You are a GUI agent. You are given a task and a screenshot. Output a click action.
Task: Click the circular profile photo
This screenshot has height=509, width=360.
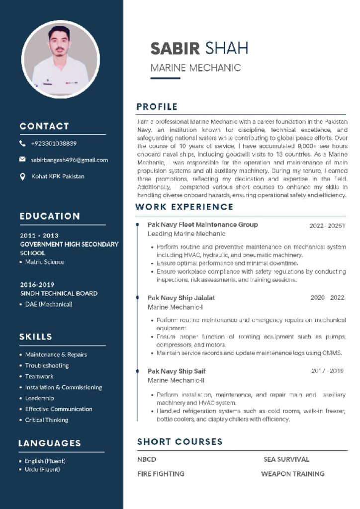click(x=60, y=59)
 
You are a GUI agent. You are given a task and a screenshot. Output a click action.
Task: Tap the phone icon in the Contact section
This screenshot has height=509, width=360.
click(x=22, y=144)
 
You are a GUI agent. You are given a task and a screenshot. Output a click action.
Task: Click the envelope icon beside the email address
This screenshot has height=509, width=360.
click(x=22, y=160)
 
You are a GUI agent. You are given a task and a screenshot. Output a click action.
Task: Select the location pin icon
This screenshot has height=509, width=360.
click(x=22, y=176)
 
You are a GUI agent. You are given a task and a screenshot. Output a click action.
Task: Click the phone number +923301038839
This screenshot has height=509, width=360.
click(x=54, y=144)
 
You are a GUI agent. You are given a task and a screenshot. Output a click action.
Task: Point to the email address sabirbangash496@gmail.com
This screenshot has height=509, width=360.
click(x=69, y=160)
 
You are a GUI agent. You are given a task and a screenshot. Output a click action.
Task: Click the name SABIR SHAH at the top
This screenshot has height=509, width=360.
click(x=199, y=48)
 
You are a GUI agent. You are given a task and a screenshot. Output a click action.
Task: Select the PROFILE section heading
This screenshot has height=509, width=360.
click(x=157, y=106)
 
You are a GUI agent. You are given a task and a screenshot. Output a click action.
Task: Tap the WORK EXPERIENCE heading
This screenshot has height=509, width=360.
click(x=184, y=207)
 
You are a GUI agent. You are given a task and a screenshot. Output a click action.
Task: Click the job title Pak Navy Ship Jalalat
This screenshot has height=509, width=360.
click(x=181, y=298)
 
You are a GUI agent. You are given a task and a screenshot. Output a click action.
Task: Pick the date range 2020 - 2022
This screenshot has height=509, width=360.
click(x=327, y=298)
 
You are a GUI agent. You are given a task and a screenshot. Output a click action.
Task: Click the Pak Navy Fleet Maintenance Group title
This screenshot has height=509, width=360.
click(x=202, y=225)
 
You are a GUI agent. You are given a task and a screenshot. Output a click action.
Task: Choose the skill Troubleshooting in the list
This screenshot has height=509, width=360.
click(x=47, y=365)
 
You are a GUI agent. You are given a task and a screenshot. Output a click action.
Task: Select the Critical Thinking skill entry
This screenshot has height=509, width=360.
click(x=47, y=420)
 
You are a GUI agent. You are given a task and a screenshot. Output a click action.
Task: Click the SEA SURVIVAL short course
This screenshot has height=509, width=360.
click(x=286, y=459)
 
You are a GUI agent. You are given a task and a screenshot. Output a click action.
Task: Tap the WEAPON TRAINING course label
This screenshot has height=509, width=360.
click(x=292, y=474)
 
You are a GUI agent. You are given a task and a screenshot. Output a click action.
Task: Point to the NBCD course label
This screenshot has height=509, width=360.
click(x=147, y=459)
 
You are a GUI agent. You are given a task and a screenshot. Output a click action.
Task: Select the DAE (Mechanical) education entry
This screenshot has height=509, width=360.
click(x=49, y=304)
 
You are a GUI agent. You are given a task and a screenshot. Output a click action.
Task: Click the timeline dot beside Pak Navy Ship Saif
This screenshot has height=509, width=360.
click(x=137, y=371)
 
